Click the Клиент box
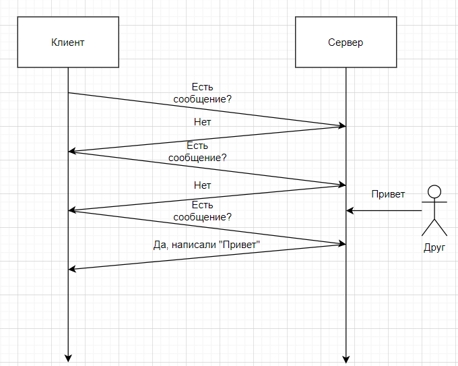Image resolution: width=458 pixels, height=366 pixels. coord(68,42)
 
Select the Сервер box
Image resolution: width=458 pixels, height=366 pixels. coord(346,42)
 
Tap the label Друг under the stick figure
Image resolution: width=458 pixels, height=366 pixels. coord(434,247)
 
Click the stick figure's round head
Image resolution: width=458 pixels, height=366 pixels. coord(434,191)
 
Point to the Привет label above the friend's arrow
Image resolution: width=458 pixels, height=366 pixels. coord(389,194)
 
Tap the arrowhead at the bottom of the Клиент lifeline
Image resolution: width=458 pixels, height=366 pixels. coord(68,357)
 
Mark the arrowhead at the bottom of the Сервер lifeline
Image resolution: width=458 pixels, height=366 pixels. coord(346,357)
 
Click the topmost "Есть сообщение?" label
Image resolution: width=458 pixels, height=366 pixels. coord(202,93)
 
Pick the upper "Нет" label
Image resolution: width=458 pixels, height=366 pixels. coord(202,122)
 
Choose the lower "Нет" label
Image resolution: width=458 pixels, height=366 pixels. coord(202,185)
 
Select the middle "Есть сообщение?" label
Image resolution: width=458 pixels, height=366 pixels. coord(197,152)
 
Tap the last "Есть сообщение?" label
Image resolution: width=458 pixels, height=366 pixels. coord(202,211)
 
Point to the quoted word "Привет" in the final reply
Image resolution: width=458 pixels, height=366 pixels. coord(240,244)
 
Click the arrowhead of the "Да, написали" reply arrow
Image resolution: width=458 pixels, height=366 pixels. coord(72,270)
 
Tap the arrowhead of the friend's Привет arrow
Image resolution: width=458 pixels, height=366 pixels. coord(350,211)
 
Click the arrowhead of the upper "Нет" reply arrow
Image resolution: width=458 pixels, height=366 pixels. coord(72,152)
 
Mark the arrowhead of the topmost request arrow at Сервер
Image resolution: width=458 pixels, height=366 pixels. coord(342,126)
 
